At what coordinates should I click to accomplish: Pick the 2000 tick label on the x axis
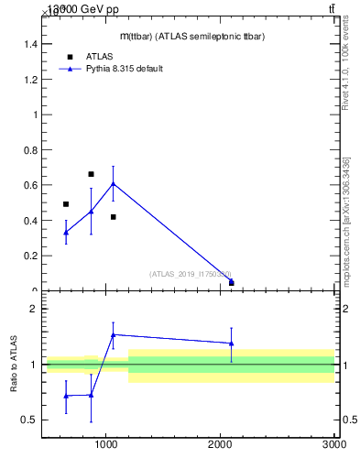click(x=220, y=444)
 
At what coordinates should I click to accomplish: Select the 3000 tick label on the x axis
click(x=333, y=444)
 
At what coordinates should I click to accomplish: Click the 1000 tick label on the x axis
click(x=106, y=444)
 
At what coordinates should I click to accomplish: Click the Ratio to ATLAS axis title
click(x=14, y=365)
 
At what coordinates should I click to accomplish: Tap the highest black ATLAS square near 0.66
click(x=91, y=174)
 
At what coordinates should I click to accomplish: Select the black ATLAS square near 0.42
click(x=113, y=217)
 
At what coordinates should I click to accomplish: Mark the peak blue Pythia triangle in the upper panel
click(x=113, y=184)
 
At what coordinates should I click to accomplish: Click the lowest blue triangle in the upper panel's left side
click(x=66, y=233)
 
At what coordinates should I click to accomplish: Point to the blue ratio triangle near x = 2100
click(x=231, y=344)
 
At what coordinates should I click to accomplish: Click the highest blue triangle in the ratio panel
click(x=113, y=334)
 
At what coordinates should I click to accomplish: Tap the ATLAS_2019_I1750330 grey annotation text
click(x=191, y=274)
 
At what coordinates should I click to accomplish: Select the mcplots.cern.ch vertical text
click(x=345, y=220)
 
